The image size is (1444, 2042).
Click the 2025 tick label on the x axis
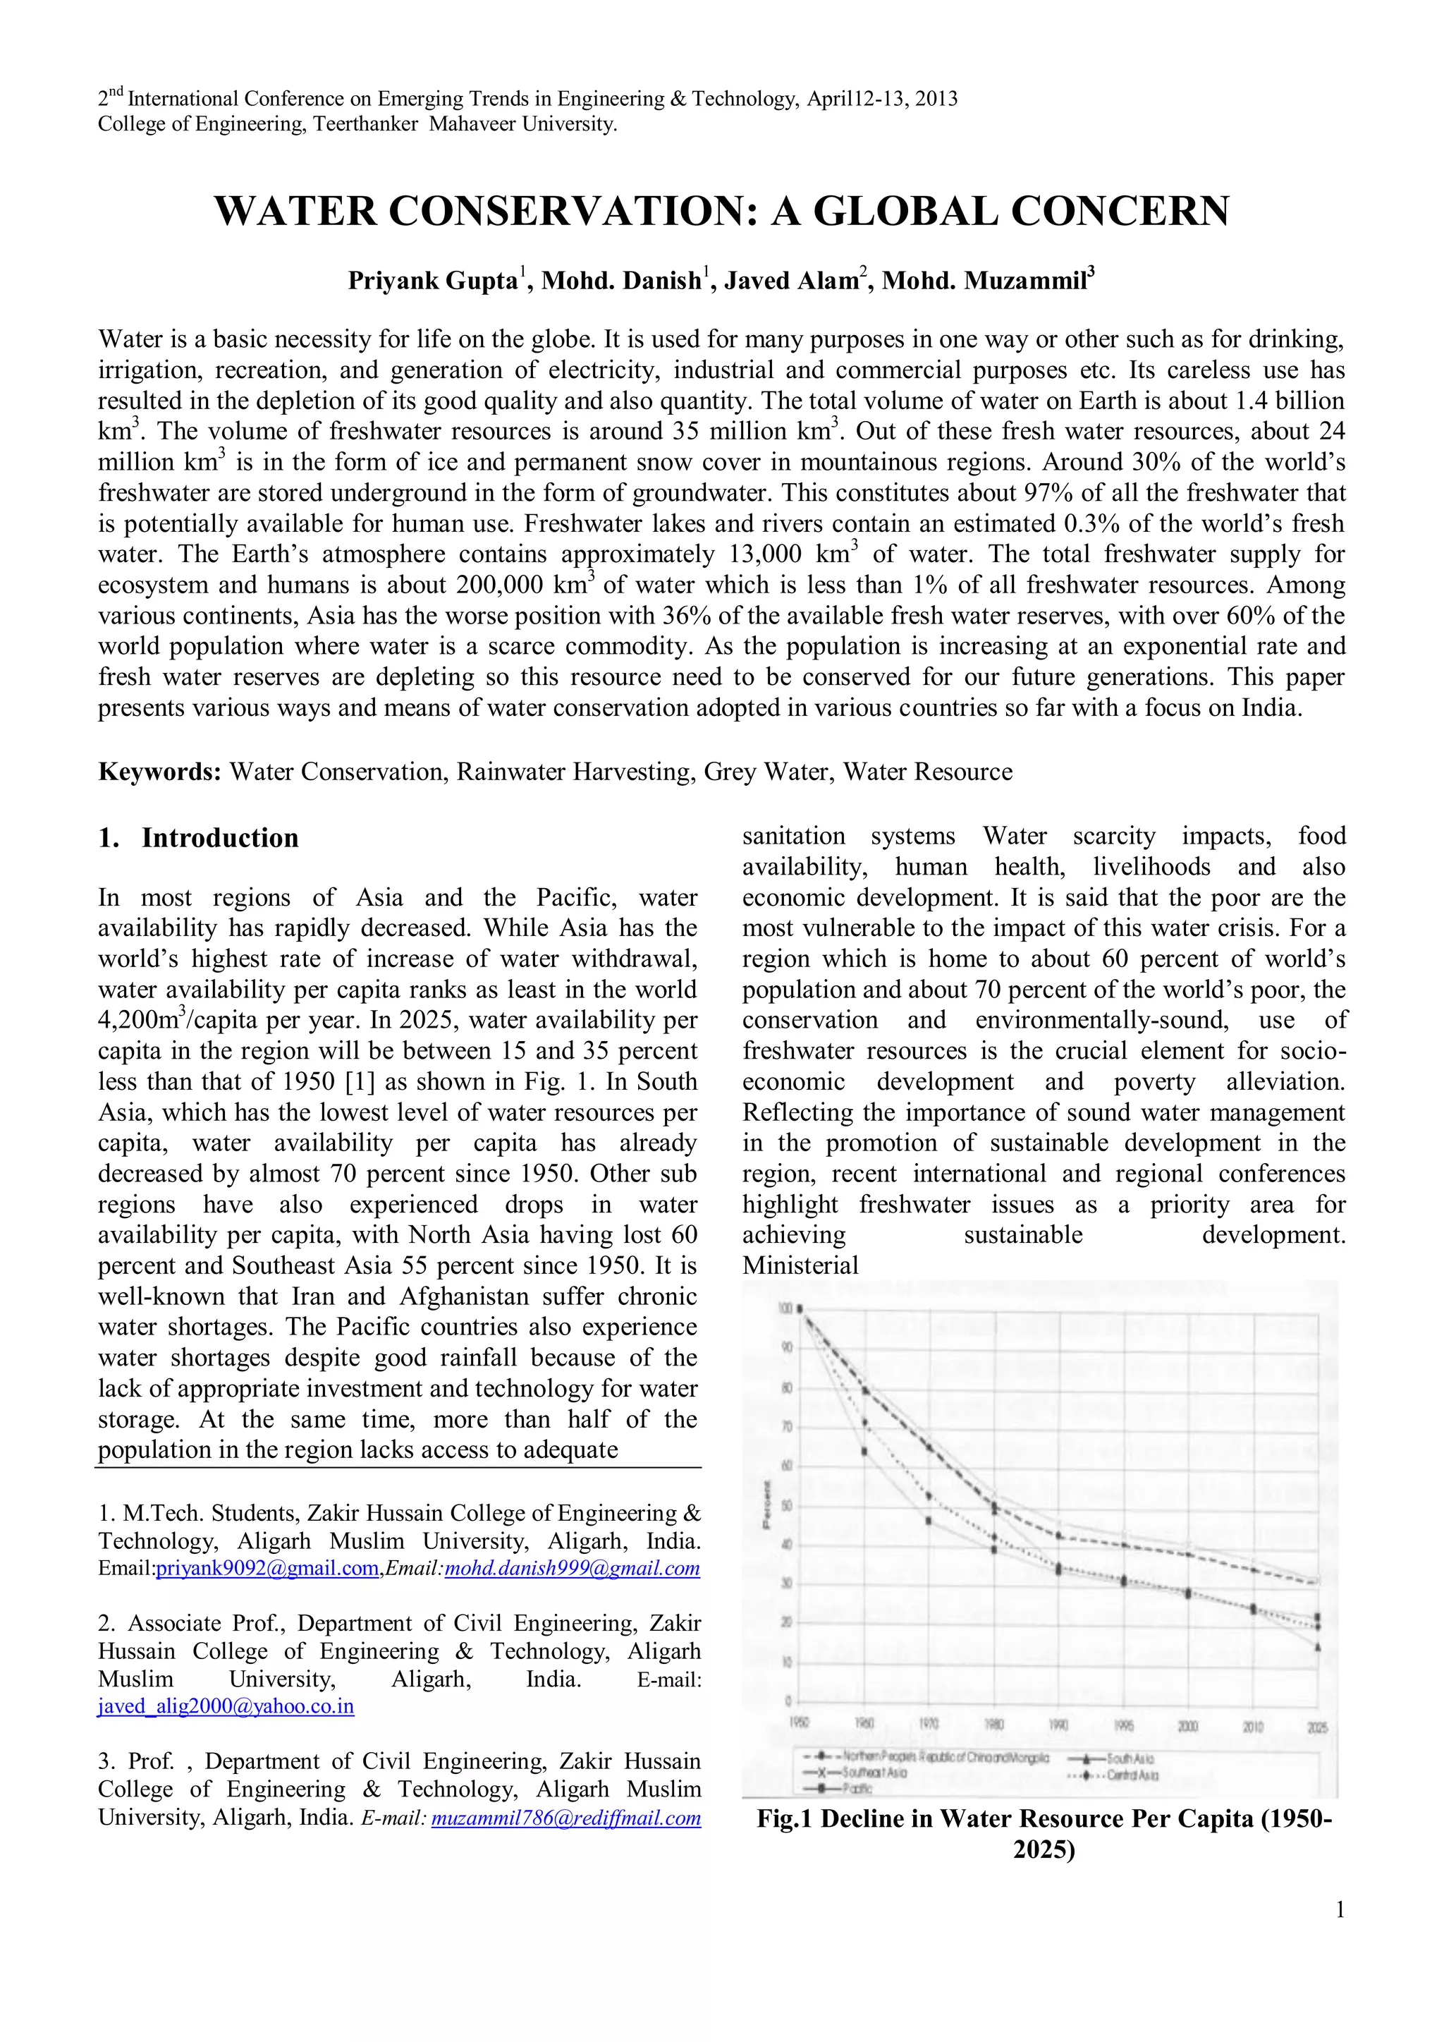click(1317, 1727)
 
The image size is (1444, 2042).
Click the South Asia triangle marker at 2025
click(1317, 1647)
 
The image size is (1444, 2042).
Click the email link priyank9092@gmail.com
click(267, 1568)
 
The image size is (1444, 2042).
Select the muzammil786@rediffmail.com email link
click(565, 1818)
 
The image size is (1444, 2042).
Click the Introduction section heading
click(219, 838)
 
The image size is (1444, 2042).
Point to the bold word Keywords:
click(159, 771)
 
